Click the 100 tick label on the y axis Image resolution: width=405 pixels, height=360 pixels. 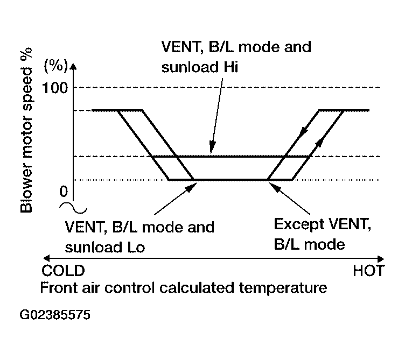55,88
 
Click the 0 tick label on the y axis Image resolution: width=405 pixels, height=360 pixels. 64,192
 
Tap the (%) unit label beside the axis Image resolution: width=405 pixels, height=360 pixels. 56,66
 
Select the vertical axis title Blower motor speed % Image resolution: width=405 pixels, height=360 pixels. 26,130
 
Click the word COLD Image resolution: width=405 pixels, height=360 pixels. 64,271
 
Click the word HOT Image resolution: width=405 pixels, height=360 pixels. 369,271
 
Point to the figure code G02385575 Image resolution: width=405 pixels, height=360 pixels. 55,315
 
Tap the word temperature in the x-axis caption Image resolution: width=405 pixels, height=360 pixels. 283,288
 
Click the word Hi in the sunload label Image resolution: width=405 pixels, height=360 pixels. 231,67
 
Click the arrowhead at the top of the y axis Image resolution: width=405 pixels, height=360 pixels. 73,66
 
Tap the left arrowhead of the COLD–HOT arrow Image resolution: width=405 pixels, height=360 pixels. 46,258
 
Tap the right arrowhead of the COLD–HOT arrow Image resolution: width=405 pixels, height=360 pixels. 381,259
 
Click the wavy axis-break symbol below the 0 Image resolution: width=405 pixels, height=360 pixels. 73,208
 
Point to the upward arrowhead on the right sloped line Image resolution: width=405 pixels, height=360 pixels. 319,142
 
